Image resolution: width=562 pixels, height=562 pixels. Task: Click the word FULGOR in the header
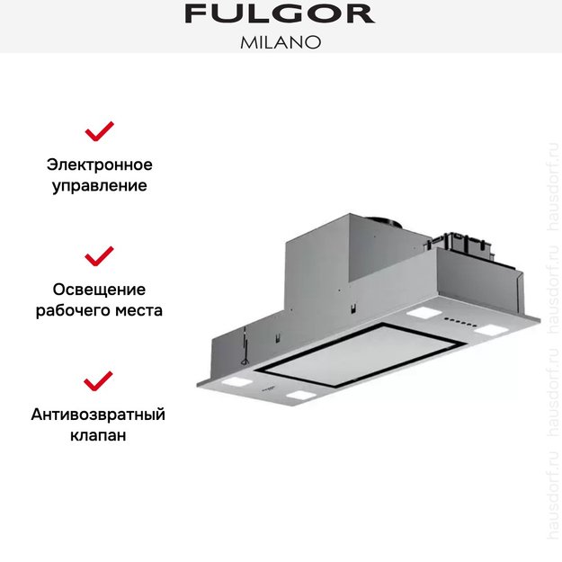tap(280, 13)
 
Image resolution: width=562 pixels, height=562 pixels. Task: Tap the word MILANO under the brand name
tap(280, 41)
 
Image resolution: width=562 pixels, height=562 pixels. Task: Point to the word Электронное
tap(99, 165)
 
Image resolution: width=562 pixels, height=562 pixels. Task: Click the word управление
tap(99, 187)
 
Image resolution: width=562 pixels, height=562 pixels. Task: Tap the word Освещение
tap(99, 290)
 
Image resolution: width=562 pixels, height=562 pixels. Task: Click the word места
tap(140, 311)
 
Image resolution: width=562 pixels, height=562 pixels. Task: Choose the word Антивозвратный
tap(99, 415)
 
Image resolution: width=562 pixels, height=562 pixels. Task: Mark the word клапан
tap(99, 436)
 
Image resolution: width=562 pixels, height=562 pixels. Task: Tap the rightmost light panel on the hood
tap(491, 330)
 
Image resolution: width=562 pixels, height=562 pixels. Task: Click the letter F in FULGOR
tap(194, 13)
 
